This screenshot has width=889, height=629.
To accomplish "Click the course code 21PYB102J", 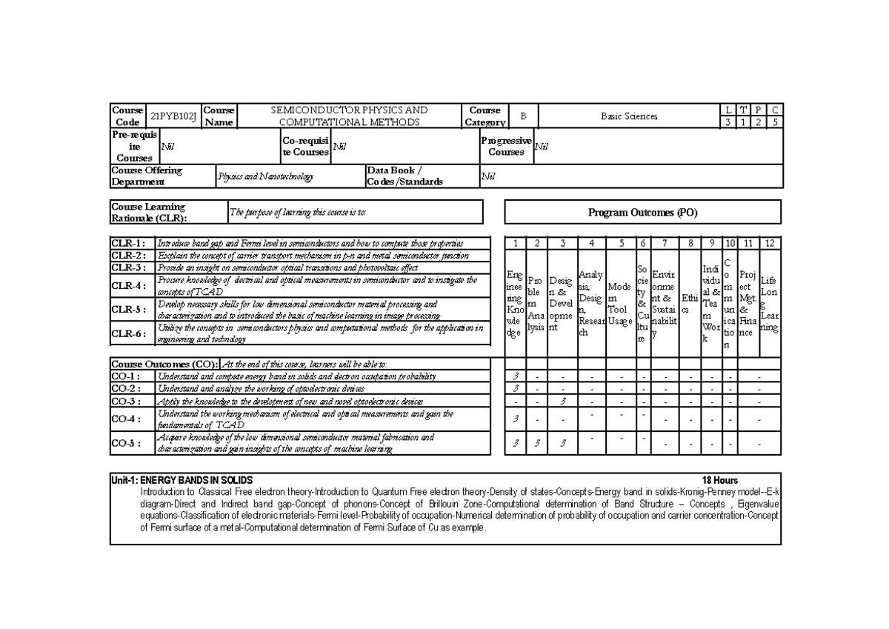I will (x=174, y=116).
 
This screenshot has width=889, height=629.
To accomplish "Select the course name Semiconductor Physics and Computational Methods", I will (x=349, y=116).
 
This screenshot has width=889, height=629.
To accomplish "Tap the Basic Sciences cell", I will (x=629, y=116).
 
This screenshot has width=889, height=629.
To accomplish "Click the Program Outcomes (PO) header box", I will (x=642, y=213).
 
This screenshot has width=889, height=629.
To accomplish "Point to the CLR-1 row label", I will (x=133, y=243).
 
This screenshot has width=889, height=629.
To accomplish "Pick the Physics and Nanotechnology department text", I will (x=265, y=177).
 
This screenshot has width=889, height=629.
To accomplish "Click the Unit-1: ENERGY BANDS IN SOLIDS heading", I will (x=182, y=480).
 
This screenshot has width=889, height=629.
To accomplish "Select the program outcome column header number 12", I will (x=770, y=243).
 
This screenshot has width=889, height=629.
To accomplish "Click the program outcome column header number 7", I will (x=665, y=243).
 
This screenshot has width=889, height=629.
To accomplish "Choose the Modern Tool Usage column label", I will (x=621, y=304).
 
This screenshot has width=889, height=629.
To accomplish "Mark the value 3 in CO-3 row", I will (x=563, y=401).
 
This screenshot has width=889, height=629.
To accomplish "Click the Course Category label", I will (x=485, y=116).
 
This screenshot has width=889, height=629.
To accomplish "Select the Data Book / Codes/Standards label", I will (x=405, y=176).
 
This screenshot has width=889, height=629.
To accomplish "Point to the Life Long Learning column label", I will (x=770, y=304).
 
